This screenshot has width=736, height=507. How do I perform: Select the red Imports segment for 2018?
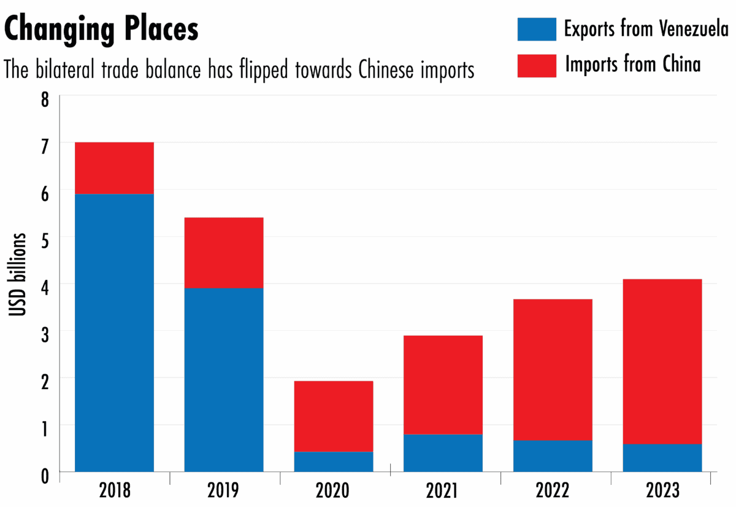tap(114, 168)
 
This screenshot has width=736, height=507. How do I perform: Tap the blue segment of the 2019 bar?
tap(224, 379)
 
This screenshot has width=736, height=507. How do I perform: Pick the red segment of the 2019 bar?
tap(224, 253)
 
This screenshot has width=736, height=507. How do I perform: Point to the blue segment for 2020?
tap(334, 462)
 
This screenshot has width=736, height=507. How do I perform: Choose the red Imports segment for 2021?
tap(443, 385)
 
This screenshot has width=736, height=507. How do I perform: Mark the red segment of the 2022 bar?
tap(553, 370)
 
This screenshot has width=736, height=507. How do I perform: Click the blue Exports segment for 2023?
tap(662, 458)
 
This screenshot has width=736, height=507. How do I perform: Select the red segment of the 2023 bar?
tap(662, 362)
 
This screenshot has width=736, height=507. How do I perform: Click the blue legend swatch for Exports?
tap(537, 29)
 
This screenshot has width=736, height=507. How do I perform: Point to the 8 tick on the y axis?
tap(44, 99)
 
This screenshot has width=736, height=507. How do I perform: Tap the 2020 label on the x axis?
tap(334, 490)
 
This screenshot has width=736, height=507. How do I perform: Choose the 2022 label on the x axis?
tap(553, 490)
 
